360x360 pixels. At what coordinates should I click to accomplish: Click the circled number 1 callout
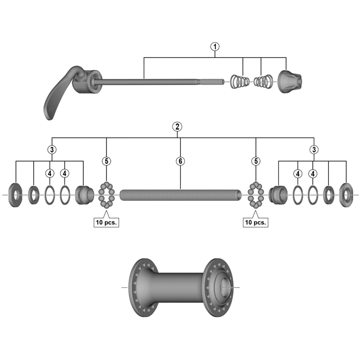pos(215,46)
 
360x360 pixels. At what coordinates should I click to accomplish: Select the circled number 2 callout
pos(178,126)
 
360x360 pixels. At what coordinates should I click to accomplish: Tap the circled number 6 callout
pos(180,161)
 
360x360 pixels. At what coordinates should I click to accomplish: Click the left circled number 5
pos(106,161)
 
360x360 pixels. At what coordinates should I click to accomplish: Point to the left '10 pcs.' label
pos(106,222)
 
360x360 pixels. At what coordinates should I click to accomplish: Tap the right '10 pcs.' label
pos(256,222)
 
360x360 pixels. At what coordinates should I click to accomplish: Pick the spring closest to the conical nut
pos(263,82)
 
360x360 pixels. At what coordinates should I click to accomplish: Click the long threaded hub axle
pos(180,195)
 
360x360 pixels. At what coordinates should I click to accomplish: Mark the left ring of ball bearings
pos(106,195)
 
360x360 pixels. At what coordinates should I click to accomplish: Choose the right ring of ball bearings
pos(256,195)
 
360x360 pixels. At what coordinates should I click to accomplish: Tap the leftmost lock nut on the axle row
pos(16,195)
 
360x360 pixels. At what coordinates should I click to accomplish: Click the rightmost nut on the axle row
pos(346,195)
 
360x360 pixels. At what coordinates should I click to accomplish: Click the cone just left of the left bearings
pos(84,195)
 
